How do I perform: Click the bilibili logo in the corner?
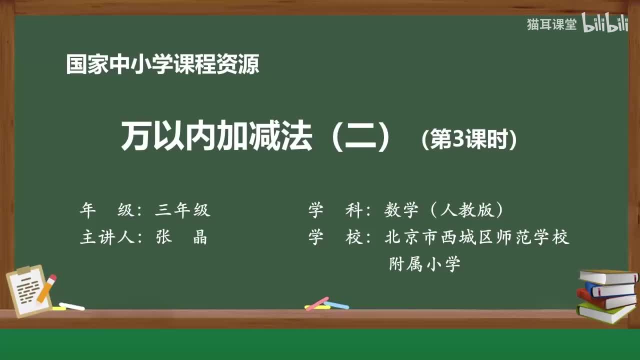pos(605,24)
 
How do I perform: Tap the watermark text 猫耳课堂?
pos(551,24)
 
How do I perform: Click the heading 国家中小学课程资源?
pos(162,64)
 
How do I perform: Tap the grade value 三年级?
pos(182,210)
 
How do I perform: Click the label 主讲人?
pos(107,237)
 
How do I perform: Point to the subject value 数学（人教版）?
pos(443,210)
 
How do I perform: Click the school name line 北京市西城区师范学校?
pos(477,237)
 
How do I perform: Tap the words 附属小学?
pos(424,264)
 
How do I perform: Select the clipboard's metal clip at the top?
pos(23,270)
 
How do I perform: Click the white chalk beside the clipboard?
pos(71,306)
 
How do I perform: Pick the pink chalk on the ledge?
pos(317,303)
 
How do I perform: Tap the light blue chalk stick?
pos(336,304)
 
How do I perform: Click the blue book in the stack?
pos(610,289)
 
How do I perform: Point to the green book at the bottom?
pos(605,312)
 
